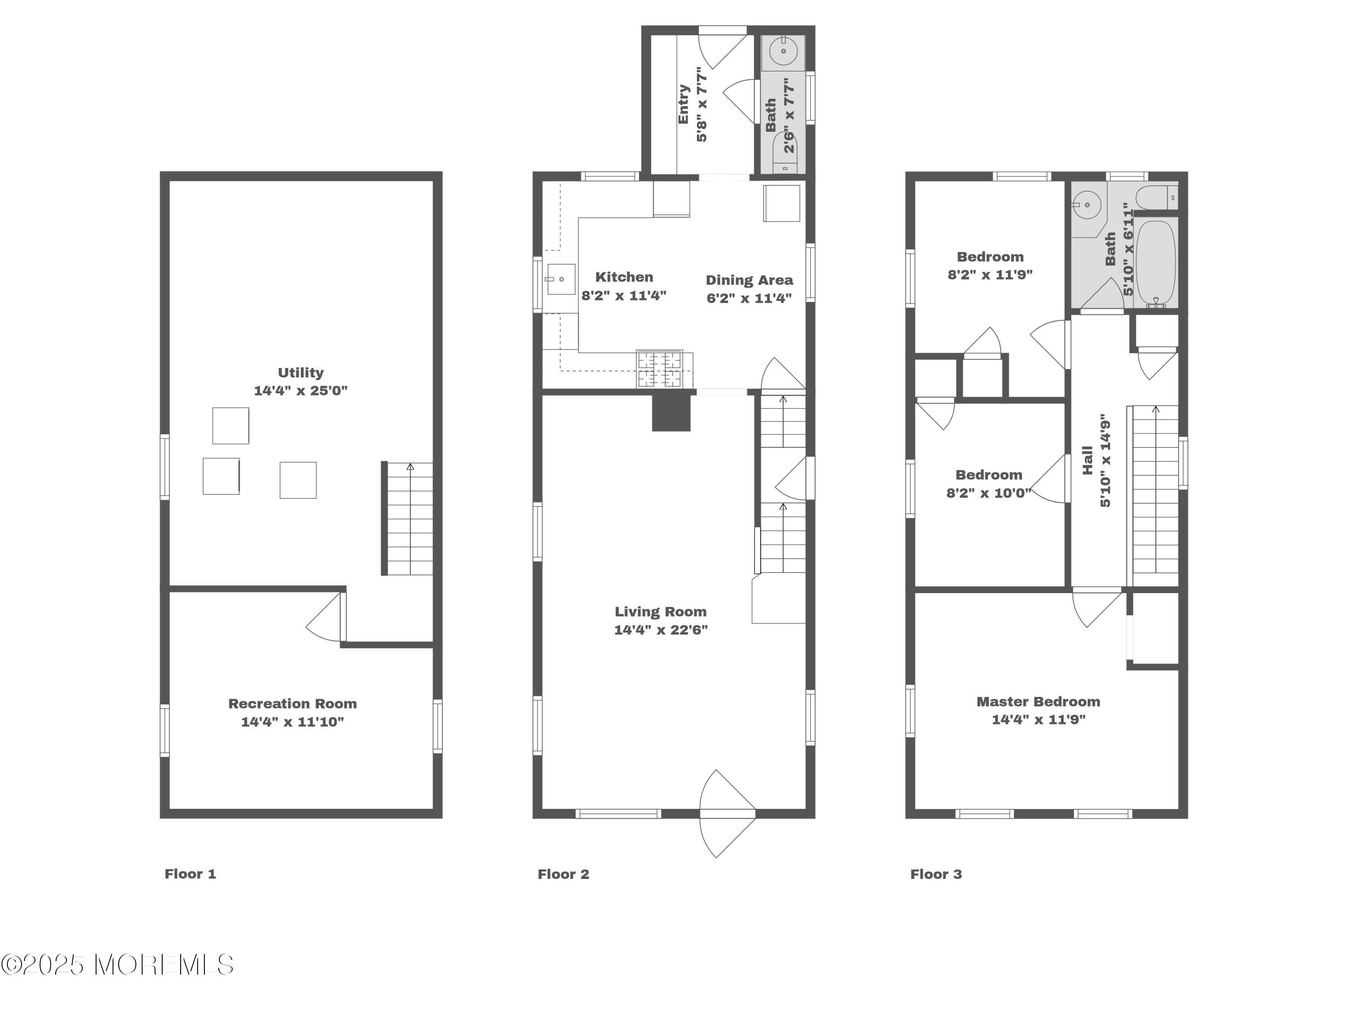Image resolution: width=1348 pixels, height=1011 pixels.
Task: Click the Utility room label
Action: coord(301,372)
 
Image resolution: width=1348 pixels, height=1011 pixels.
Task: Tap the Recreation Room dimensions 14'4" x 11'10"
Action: coord(293,722)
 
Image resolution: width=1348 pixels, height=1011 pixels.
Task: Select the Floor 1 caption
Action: coord(190,874)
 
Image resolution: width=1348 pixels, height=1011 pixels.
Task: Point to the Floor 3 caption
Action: coord(936,874)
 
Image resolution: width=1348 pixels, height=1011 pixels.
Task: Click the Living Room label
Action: coord(661,612)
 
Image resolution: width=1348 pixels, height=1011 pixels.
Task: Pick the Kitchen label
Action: coord(624,277)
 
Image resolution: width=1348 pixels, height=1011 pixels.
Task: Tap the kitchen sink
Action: coord(561,279)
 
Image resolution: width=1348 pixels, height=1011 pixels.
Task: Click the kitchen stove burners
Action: coord(659,369)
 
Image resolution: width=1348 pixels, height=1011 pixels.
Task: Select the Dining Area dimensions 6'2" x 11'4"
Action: coord(749,298)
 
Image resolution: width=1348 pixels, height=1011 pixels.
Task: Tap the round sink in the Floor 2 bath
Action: coord(783,51)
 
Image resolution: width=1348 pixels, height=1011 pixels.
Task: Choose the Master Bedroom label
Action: coord(1038,702)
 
